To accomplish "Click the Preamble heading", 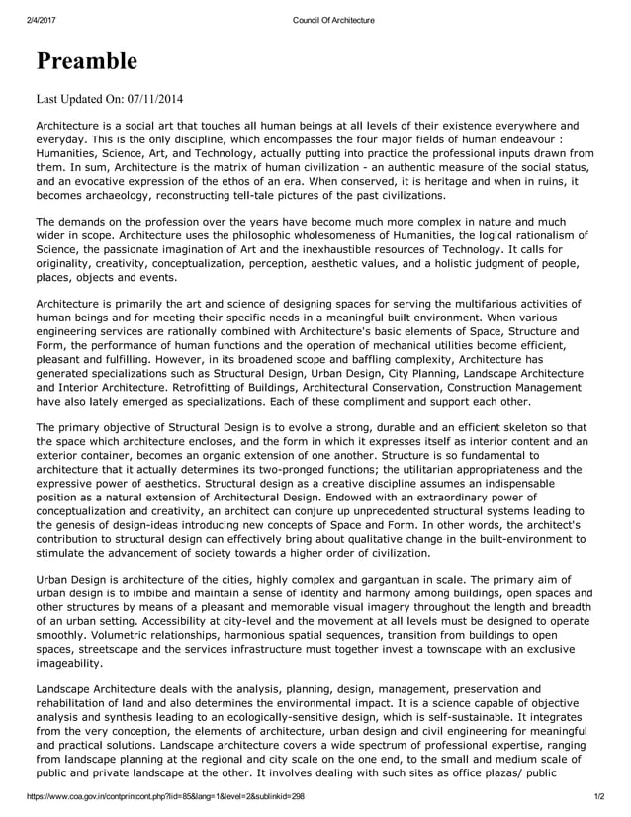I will (x=87, y=61).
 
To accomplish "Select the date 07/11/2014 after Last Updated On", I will (x=149, y=98).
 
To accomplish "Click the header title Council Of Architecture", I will (x=334, y=20).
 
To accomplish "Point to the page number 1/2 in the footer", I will (x=598, y=795).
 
